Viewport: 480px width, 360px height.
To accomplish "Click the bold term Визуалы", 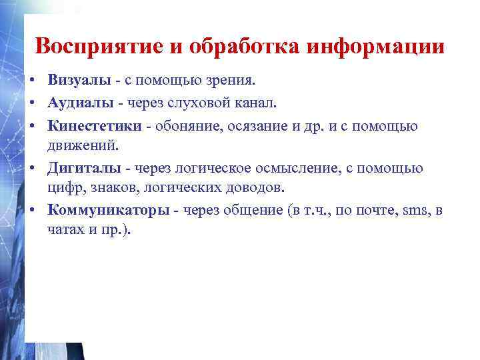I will [x=77, y=81].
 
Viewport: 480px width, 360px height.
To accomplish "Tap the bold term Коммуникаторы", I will [x=109, y=211].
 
